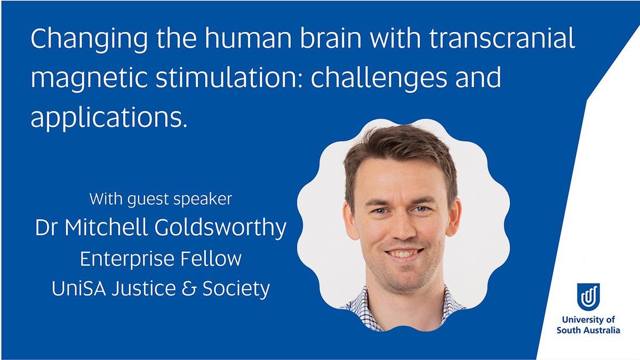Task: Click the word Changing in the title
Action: coord(89,39)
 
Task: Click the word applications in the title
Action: coord(109,118)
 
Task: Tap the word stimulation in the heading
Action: coord(229,77)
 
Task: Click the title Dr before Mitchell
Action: coord(47,227)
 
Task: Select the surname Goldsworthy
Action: coord(220,228)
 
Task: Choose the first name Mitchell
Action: coord(106,227)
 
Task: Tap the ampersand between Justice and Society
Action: coord(189,289)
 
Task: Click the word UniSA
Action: coord(79,289)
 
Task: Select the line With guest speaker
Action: coord(161,199)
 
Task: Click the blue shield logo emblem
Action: coord(588,297)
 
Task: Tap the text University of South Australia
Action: coord(588,325)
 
